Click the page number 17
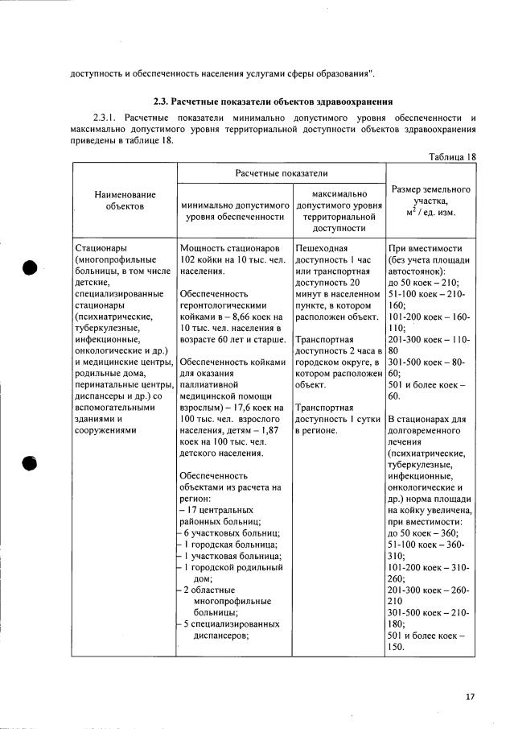470,697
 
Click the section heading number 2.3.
162,102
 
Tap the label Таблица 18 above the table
450,156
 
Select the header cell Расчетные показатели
281,173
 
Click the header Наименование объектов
124,201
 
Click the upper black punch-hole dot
31,269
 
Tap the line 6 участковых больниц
231,533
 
